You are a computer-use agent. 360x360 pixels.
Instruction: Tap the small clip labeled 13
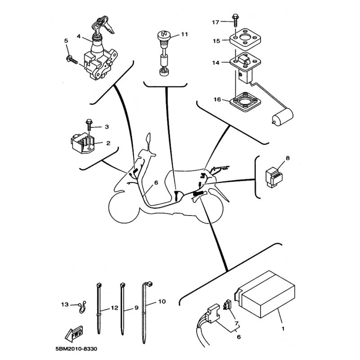81,307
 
